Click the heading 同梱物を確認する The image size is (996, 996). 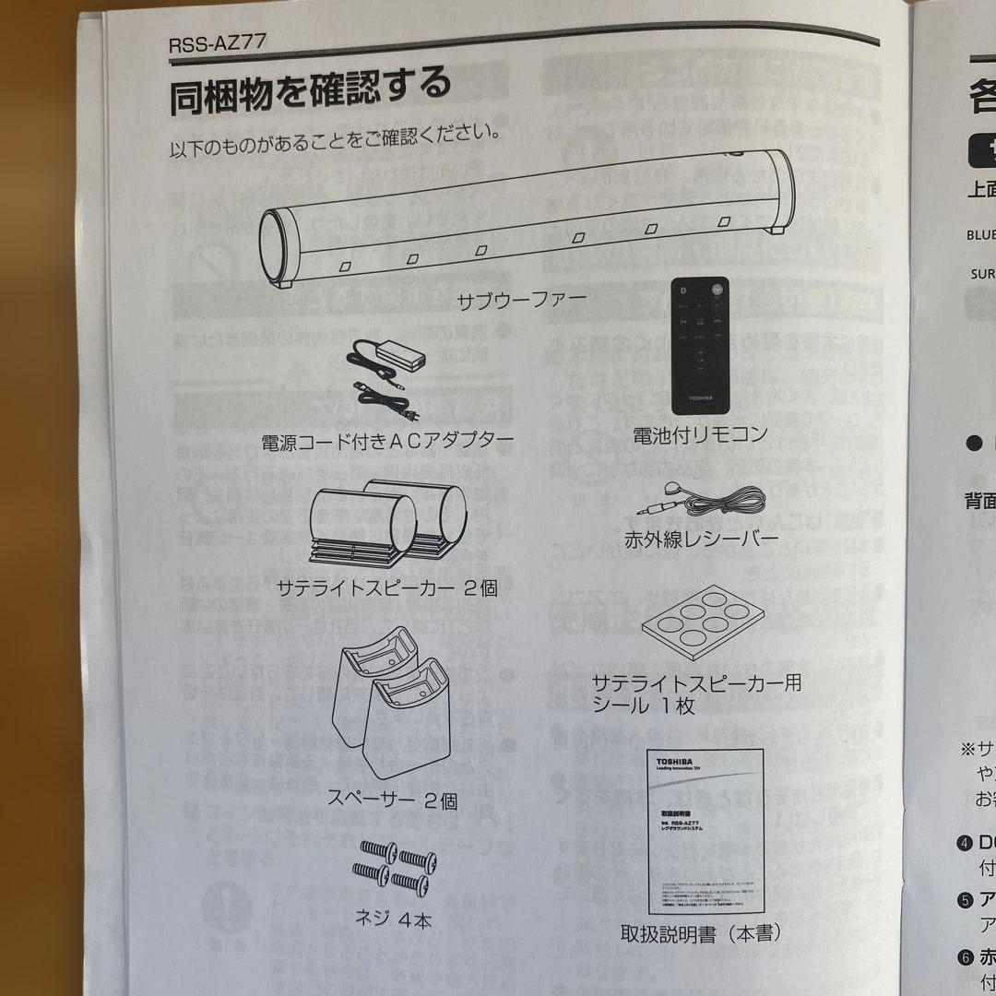point(309,93)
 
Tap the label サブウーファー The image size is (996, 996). point(524,301)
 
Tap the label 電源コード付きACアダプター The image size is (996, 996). point(387,440)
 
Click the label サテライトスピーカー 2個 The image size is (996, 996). point(387,587)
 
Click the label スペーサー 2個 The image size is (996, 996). point(393,800)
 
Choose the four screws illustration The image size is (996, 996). point(394,866)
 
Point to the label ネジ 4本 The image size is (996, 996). point(393,919)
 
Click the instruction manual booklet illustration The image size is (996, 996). point(705,829)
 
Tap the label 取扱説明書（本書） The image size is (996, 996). point(702,933)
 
